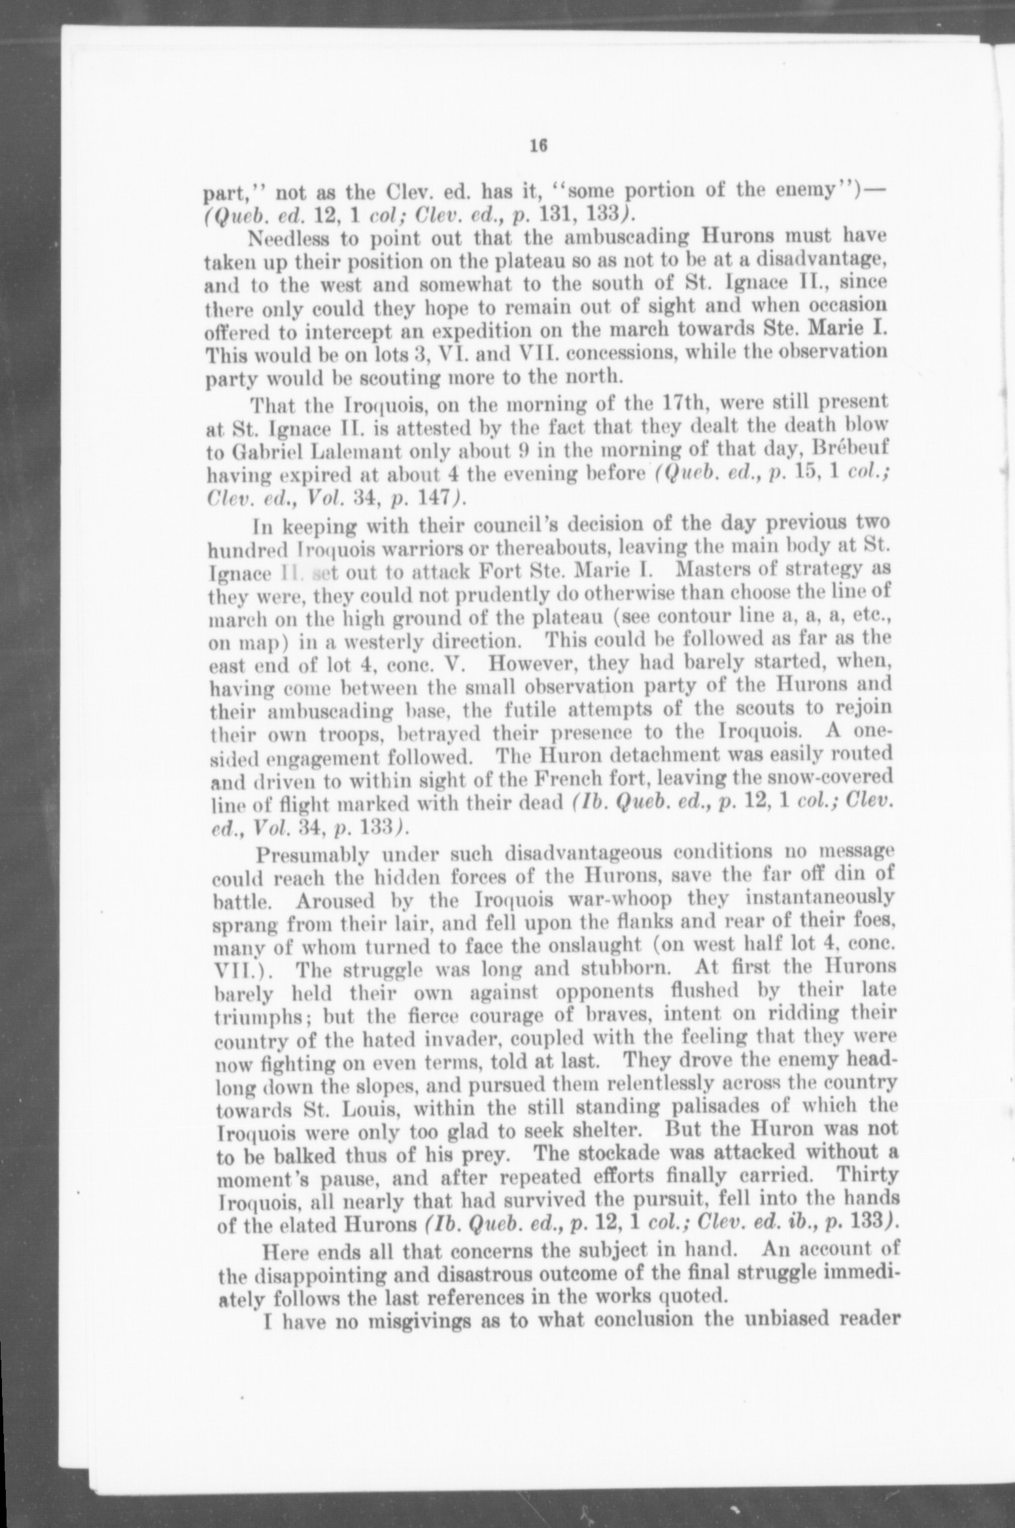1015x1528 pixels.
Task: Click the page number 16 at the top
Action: point(538,147)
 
